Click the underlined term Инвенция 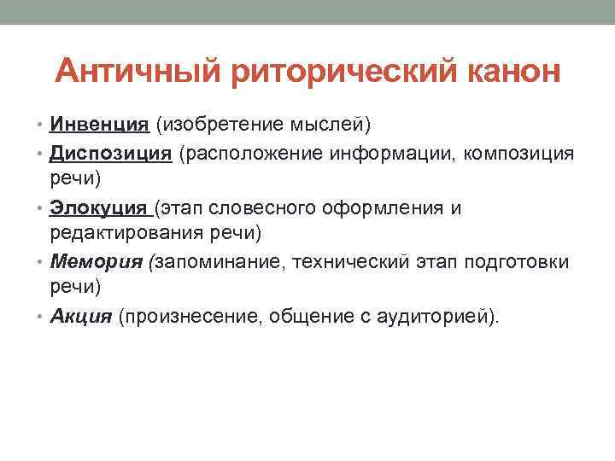99,125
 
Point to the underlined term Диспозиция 110,154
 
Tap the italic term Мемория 96,262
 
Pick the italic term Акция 81,316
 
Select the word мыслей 327,125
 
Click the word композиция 518,154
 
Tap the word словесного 262,208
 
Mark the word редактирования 126,233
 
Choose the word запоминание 218,262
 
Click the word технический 350,262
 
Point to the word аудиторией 433,317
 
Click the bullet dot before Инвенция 39,125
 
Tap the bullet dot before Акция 39,317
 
